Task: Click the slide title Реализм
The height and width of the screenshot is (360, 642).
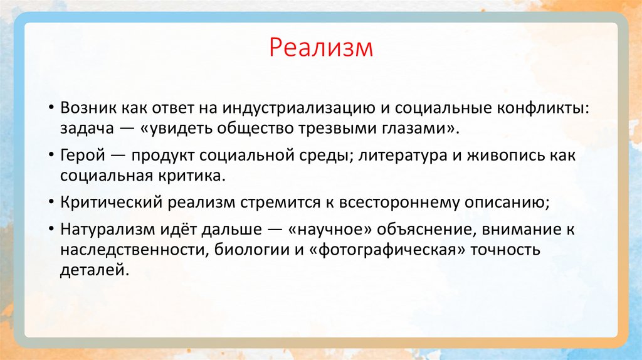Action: pos(321,48)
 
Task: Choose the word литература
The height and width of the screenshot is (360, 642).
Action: pos(397,155)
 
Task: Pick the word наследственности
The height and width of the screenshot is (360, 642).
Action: pos(131,251)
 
